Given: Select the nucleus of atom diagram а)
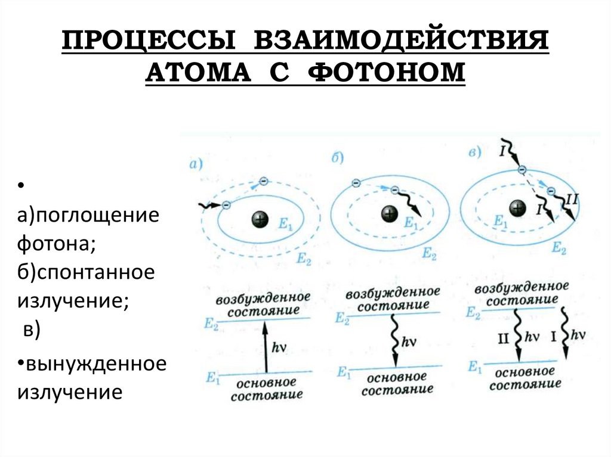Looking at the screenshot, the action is tap(259, 219).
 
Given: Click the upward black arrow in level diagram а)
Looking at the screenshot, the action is tap(261, 347).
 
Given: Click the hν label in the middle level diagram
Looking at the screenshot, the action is tap(409, 342).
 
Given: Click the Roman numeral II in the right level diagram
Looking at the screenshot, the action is tap(503, 337).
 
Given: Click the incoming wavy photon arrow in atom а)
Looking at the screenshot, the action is tap(210, 206).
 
